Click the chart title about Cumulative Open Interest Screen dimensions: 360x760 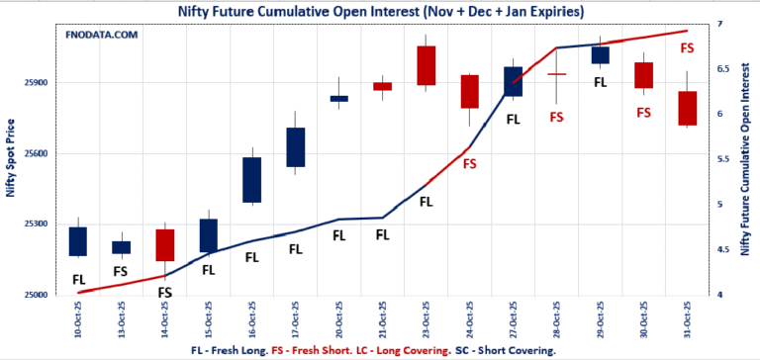coord(380,11)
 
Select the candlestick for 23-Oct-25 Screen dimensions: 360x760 coord(426,65)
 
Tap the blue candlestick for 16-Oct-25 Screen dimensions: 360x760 coord(251,180)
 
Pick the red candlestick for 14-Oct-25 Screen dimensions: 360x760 coord(164,245)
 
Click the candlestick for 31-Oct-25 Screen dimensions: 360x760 coord(688,108)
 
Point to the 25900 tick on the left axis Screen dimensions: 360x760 coord(36,83)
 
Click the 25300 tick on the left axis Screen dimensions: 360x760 coord(36,225)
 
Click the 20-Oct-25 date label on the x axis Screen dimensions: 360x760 coord(339,318)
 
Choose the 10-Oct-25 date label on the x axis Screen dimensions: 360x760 coord(77,318)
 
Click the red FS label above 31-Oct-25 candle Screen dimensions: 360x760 coord(687,47)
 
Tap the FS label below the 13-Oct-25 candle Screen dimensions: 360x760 coord(120,271)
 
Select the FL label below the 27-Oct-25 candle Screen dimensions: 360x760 coord(513,120)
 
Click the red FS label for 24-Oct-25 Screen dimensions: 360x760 coord(469,163)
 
